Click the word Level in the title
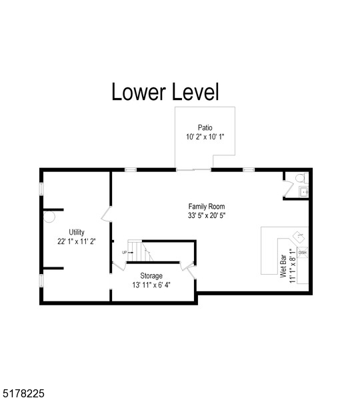coord(193,91)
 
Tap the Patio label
coord(205,127)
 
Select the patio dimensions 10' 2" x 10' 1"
coord(205,137)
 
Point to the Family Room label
coord(207,207)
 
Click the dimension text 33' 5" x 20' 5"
coord(207,216)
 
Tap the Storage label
coord(151,275)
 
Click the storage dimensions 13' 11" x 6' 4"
coord(151,285)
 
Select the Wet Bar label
coord(283,265)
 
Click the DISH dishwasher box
coord(302,252)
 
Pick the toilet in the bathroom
coord(300,179)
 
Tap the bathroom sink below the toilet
coord(303,192)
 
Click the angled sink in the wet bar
coord(297,237)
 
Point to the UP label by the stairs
coord(124,252)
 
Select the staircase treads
coord(137,251)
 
